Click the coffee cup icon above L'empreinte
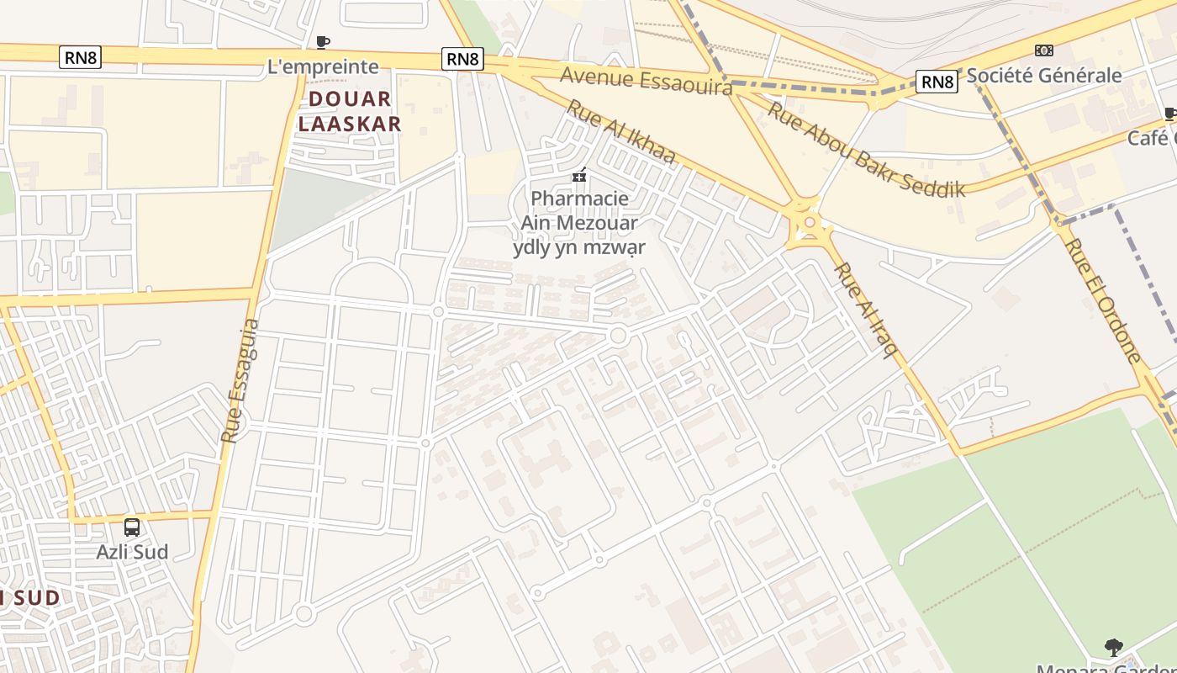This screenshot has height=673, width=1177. (322, 42)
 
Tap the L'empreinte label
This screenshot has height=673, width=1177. (323, 66)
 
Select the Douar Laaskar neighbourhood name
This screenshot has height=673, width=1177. (350, 111)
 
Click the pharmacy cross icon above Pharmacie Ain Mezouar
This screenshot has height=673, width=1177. (578, 175)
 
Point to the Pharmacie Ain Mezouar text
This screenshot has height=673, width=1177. (579, 211)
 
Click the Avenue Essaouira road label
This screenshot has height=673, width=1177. (646, 81)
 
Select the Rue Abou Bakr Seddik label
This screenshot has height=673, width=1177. (866, 150)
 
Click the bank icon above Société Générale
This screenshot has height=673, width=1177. (1043, 50)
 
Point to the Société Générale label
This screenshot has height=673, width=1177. (1043, 75)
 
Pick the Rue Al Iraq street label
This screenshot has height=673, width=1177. (863, 310)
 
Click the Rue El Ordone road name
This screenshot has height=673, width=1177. (1102, 299)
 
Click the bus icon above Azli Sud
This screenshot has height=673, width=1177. (132, 527)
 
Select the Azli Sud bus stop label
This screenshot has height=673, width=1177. (132, 552)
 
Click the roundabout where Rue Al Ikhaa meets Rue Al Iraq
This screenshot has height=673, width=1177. (809, 223)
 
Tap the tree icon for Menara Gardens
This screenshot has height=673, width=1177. (1114, 647)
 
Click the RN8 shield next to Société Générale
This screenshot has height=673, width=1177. (937, 82)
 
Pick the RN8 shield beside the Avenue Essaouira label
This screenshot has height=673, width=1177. (462, 59)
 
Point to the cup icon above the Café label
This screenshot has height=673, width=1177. (1170, 114)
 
